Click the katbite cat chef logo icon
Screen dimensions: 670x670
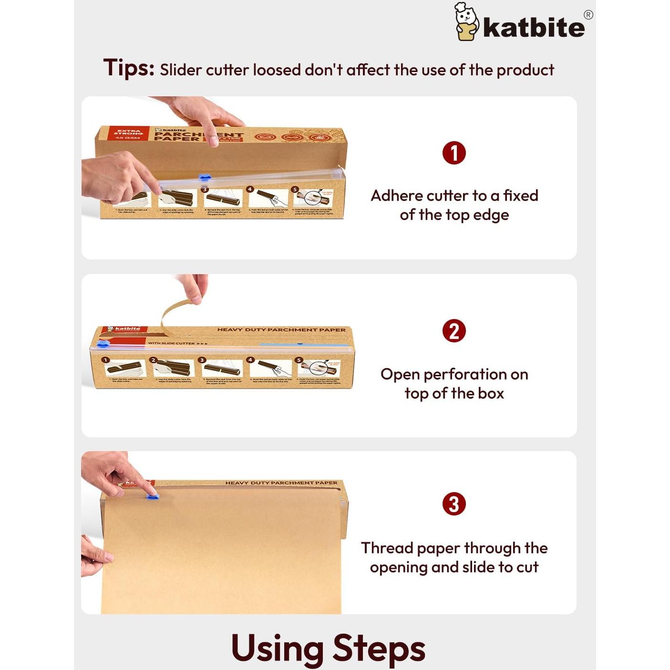[x=466, y=22]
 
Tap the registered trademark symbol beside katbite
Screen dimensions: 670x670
[x=588, y=15]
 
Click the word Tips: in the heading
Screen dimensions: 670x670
[x=129, y=68]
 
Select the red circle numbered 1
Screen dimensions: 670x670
[x=454, y=153]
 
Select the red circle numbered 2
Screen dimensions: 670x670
[x=454, y=331]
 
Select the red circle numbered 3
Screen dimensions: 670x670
[x=454, y=504]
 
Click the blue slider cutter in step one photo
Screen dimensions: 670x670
[x=205, y=178]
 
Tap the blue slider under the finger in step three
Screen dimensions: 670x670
[x=152, y=496]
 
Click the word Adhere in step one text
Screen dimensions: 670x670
[x=396, y=196]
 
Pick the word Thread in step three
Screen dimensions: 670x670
[x=387, y=548]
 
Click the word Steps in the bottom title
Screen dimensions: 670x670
[x=378, y=649]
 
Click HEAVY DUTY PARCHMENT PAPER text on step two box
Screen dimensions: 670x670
[x=281, y=330]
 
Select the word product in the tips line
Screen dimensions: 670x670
[x=525, y=71]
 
